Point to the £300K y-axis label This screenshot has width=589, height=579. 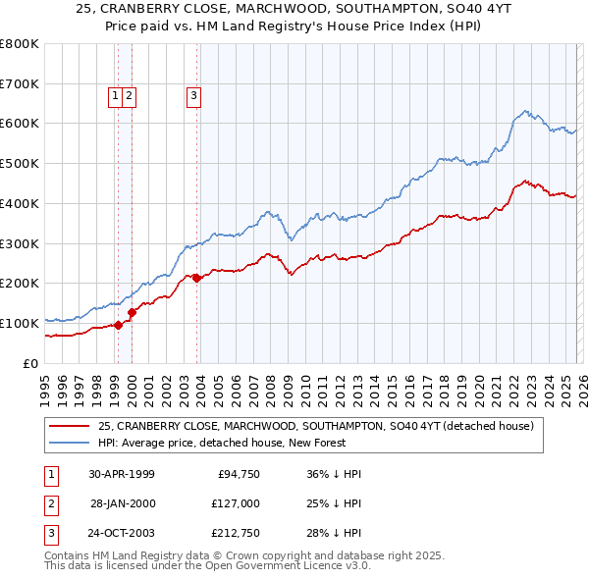pos(20,243)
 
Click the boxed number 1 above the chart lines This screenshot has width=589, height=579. pos(116,95)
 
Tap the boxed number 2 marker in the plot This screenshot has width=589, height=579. pos(130,95)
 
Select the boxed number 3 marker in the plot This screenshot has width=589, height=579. pos(194,95)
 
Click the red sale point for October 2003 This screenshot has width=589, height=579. pos(197,278)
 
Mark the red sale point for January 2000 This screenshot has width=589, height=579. pos(132,312)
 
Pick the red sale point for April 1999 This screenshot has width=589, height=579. pos(119,325)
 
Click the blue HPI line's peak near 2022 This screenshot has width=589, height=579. pos(526,111)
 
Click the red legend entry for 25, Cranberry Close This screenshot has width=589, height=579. pos(315,426)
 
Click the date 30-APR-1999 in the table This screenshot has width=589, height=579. pos(122,474)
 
